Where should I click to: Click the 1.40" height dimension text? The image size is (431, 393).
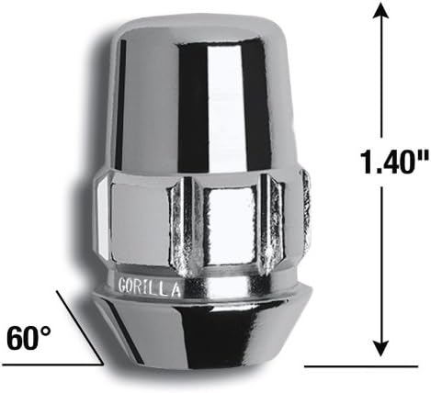coord(380,168)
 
